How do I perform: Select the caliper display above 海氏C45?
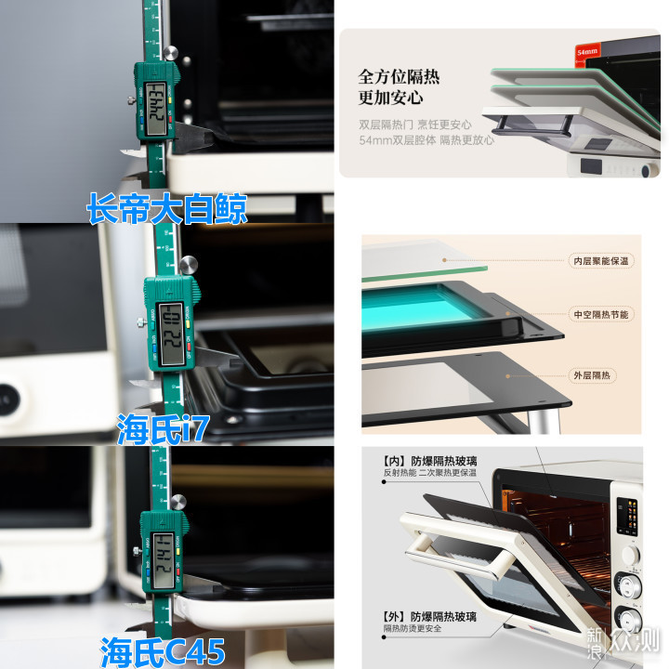pos(163,544)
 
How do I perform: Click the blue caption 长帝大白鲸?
pos(167,207)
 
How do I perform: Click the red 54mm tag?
pos(586,54)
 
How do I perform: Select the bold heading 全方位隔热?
pos(399,77)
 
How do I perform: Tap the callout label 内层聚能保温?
pos(600,261)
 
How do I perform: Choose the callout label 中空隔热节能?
pos(600,314)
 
